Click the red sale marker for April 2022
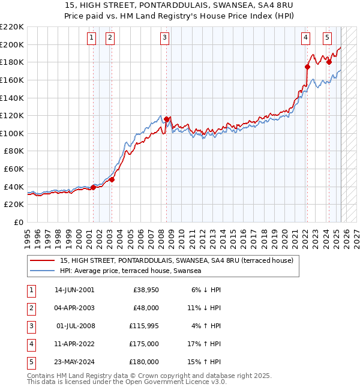point(307,67)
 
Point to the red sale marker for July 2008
point(166,119)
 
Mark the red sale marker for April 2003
point(112,179)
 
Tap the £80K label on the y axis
point(14,151)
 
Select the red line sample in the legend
point(42,260)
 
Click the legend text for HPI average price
point(130,271)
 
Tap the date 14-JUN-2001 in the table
point(74,290)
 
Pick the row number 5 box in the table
point(31,362)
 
